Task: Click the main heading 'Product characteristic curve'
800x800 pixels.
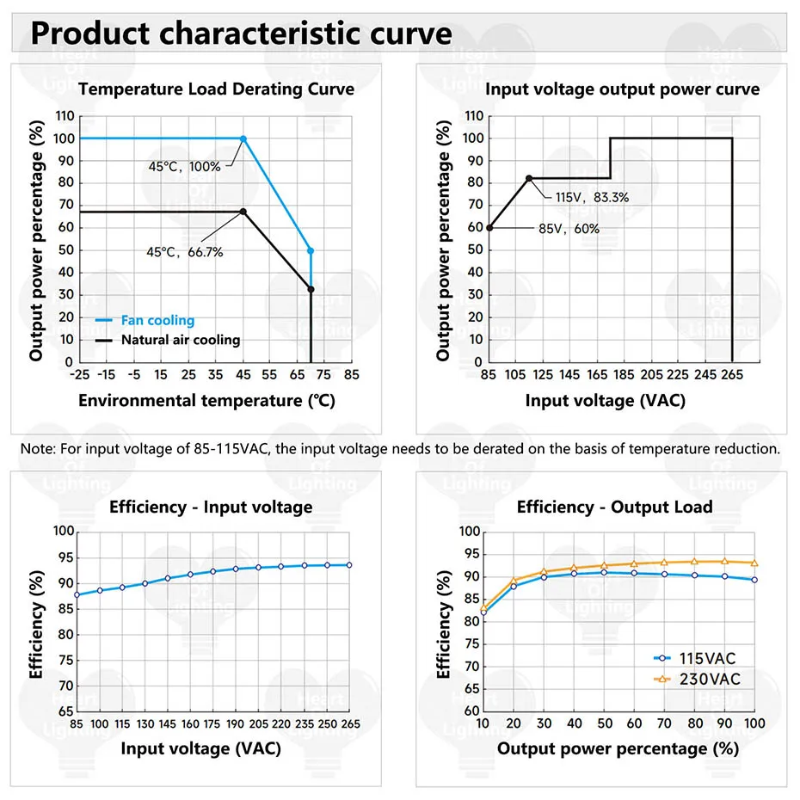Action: [x=242, y=34]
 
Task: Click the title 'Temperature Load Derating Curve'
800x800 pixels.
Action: [x=216, y=89]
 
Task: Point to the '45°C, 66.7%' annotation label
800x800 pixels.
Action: [x=185, y=252]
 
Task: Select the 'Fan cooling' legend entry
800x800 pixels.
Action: [x=157, y=320]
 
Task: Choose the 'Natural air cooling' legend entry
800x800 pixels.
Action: [x=181, y=340]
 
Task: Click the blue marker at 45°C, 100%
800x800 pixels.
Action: [x=243, y=138]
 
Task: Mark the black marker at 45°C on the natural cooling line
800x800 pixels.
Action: [x=243, y=212]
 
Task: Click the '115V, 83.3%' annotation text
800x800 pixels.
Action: [x=592, y=197]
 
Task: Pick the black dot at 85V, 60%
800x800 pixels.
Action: [x=489, y=228]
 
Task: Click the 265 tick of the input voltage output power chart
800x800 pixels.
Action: [x=732, y=375]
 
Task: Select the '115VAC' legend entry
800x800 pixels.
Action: [x=706, y=659]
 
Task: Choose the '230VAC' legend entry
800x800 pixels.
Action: [x=706, y=680]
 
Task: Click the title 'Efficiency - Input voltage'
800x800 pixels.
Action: [x=211, y=507]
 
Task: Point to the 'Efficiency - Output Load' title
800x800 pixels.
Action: [x=614, y=507]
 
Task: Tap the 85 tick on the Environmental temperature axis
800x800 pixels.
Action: [x=351, y=375]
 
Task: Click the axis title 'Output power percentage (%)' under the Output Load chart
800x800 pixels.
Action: [x=618, y=748]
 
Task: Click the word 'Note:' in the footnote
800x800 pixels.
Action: [x=37, y=448]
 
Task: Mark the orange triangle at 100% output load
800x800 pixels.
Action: [x=754, y=563]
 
